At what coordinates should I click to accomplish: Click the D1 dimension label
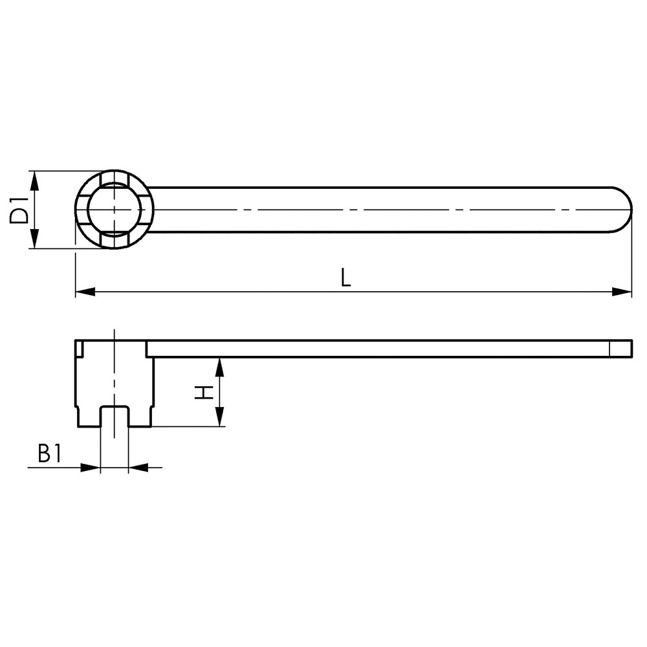(19, 210)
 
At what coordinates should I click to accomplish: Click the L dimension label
(345, 278)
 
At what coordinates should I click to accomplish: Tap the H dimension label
(204, 393)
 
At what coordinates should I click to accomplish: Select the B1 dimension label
(50, 453)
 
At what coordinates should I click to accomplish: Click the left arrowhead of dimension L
(85, 292)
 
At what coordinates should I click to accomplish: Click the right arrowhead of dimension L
(622, 292)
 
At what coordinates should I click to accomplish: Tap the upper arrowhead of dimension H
(220, 367)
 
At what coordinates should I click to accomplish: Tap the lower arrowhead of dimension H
(220, 416)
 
